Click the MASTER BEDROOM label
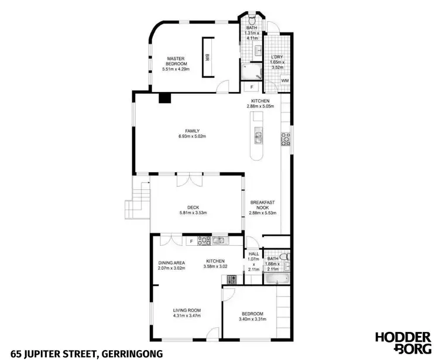click(x=176, y=61)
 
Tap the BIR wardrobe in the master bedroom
click(x=207, y=57)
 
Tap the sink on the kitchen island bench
click(x=258, y=138)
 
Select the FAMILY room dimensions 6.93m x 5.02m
click(x=193, y=136)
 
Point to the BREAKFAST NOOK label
click(x=262, y=205)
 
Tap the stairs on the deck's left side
click(x=138, y=202)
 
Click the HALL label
click(x=253, y=254)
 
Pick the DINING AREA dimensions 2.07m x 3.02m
click(x=172, y=268)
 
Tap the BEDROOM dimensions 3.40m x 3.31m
click(x=251, y=320)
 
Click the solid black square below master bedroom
click(x=165, y=98)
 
